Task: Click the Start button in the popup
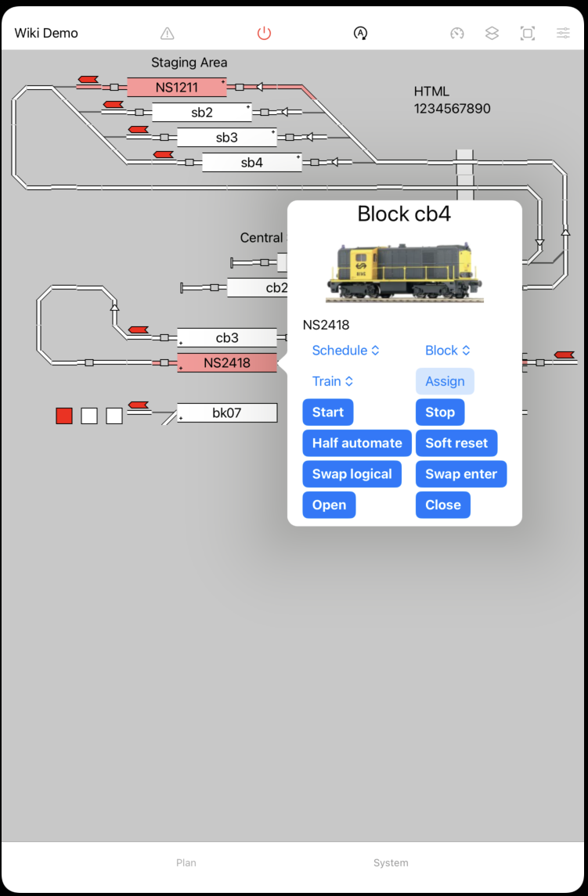[328, 412]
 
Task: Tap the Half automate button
[357, 443]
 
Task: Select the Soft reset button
[456, 443]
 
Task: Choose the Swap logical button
[352, 474]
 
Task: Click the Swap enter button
[461, 474]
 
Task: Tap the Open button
[329, 505]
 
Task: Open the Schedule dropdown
[345, 351]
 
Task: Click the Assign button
[445, 382]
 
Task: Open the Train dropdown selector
[332, 382]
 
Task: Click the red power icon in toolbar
[264, 33]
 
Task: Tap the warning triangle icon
[167, 34]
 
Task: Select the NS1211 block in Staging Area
[176, 87]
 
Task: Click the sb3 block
[226, 137]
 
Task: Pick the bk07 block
[227, 412]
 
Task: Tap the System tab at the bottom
[391, 862]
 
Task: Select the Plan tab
[186, 862]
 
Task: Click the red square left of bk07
[64, 416]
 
